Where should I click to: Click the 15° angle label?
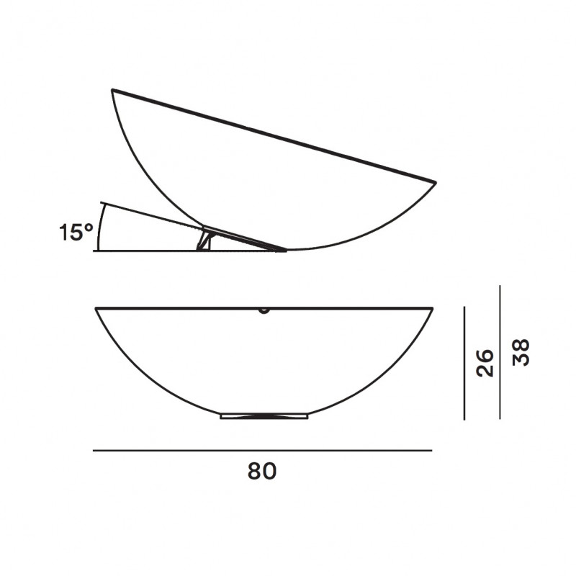(76, 232)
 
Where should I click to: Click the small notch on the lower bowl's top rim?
(264, 311)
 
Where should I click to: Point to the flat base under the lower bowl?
(265, 415)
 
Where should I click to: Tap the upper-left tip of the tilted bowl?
(112, 90)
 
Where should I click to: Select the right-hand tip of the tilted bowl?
(435, 181)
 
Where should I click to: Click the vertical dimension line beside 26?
(466, 363)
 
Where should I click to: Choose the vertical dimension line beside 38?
(500, 352)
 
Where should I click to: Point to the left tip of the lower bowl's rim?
(96, 309)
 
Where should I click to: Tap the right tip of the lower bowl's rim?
(432, 309)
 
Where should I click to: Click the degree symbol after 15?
(90, 226)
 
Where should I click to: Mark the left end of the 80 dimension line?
(94, 451)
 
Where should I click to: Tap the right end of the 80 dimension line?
(431, 451)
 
